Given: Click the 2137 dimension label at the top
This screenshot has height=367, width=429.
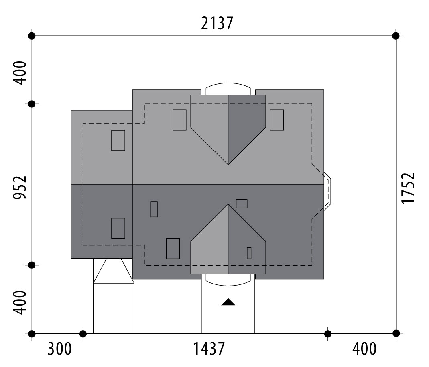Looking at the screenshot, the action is click(x=217, y=23).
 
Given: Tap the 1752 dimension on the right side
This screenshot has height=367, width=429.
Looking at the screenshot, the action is click(x=408, y=188).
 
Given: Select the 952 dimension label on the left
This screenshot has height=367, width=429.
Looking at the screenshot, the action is click(x=20, y=188).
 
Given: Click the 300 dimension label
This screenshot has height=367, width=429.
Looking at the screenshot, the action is click(x=60, y=349).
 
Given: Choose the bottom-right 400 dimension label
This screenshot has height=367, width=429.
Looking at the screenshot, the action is click(x=364, y=349).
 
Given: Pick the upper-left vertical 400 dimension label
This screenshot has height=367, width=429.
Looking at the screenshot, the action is click(x=20, y=73).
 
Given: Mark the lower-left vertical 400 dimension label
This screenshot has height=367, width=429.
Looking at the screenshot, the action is click(x=20, y=302).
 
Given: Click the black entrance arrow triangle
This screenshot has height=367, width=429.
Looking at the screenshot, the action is click(x=228, y=302).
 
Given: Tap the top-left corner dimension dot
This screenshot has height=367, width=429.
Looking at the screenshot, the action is click(x=32, y=36).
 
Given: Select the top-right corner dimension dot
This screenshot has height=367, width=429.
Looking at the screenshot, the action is click(x=396, y=36).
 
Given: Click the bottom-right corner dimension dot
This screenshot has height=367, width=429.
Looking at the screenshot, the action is click(x=396, y=333).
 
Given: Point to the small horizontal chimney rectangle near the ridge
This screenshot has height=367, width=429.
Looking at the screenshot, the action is click(x=242, y=204).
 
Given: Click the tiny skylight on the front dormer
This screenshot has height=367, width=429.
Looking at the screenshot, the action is click(x=249, y=253).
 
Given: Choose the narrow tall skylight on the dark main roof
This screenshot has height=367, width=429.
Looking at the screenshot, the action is click(x=154, y=209).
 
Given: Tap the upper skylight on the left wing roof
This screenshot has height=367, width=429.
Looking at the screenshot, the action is click(x=118, y=140).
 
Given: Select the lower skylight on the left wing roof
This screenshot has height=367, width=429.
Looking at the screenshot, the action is click(x=118, y=228).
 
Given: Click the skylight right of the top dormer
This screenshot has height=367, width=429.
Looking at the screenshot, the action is click(x=277, y=120).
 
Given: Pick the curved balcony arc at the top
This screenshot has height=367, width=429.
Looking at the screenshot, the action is click(x=228, y=83).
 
